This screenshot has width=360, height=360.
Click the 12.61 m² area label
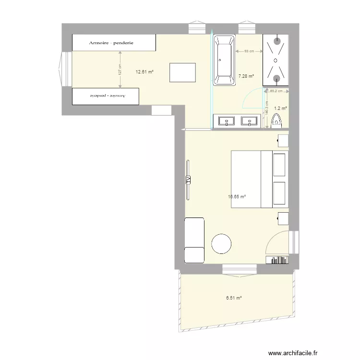tap(144, 72)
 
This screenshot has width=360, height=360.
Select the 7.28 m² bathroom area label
tap(246, 76)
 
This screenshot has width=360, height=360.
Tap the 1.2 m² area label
tap(280, 109)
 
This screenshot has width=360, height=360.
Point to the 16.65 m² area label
tap(237, 196)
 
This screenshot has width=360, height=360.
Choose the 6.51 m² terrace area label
tap(234, 298)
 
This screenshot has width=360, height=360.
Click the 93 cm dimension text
tap(249, 51)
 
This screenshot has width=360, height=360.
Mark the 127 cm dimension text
tap(120, 70)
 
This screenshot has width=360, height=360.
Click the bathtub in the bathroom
tap(224, 60)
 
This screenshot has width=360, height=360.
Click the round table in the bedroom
tap(222, 243)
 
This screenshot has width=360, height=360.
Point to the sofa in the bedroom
tap(194, 240)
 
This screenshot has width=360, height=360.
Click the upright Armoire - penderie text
tap(111, 43)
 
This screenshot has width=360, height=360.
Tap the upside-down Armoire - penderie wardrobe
tap(106, 96)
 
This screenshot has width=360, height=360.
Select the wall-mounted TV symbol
tap(188, 180)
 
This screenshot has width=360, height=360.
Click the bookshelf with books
tap(276, 260)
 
